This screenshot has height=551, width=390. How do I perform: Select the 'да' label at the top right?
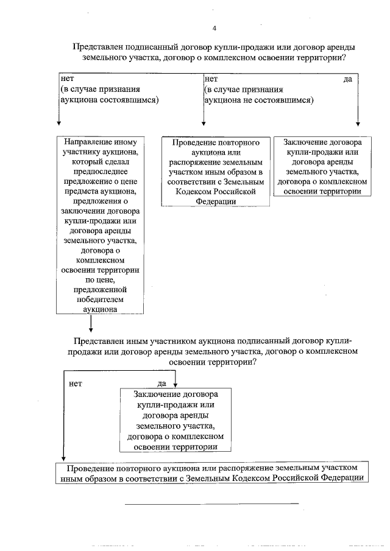pyautogui.click(x=347, y=79)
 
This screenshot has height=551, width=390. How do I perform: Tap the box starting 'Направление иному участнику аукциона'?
pyautogui.click(x=101, y=225)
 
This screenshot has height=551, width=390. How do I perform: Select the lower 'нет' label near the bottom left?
pyautogui.click(x=76, y=384)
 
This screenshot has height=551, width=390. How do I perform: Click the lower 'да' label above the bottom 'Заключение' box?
pyautogui.click(x=161, y=384)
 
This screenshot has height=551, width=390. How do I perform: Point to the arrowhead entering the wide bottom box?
pyautogui.click(x=63, y=461)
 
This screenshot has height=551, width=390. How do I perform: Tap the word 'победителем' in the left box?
pyautogui.click(x=101, y=298)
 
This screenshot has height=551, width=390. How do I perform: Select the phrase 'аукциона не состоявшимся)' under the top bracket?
pyautogui.click(x=259, y=100)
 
